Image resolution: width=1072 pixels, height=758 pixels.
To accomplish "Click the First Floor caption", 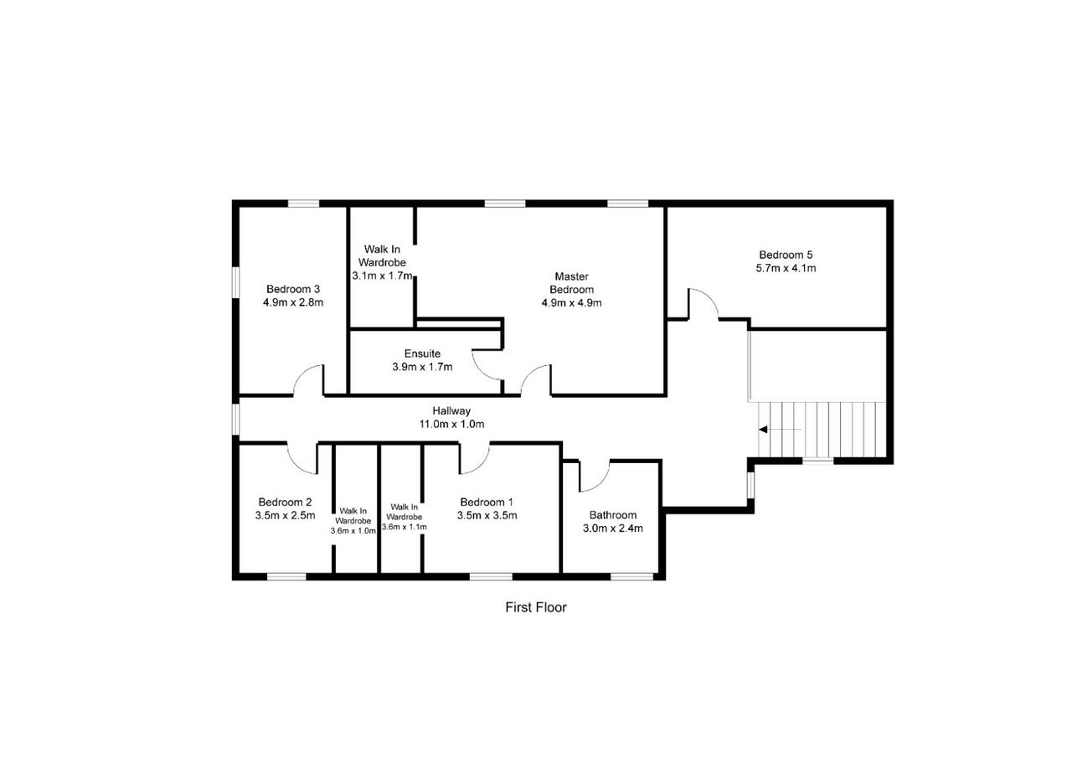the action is [x=535, y=607].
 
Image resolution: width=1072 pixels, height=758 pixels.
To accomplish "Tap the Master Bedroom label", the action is [x=571, y=283].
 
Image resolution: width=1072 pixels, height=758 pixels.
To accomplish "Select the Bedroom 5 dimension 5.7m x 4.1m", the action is [x=786, y=268].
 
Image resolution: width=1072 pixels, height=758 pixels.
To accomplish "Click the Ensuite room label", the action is [x=422, y=353].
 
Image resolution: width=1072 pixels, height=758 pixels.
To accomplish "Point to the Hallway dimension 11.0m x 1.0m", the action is [x=451, y=424].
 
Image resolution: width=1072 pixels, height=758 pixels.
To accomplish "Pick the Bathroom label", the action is [x=612, y=515].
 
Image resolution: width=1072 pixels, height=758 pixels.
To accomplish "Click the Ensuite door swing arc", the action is [x=481, y=371].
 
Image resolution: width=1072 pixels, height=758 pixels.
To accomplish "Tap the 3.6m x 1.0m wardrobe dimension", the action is [x=353, y=531].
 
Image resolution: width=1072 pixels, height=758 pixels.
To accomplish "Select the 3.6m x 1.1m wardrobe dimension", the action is [x=405, y=527].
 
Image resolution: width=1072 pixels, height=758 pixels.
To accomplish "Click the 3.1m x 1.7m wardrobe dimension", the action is [x=383, y=276].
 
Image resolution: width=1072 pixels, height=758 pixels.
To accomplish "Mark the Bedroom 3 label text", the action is [x=293, y=289].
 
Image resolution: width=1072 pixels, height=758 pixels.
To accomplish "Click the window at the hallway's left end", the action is [x=235, y=419].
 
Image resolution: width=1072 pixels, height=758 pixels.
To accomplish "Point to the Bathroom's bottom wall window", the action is [x=631, y=576].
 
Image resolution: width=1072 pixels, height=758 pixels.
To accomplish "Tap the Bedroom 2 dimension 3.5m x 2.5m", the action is [x=286, y=515].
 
